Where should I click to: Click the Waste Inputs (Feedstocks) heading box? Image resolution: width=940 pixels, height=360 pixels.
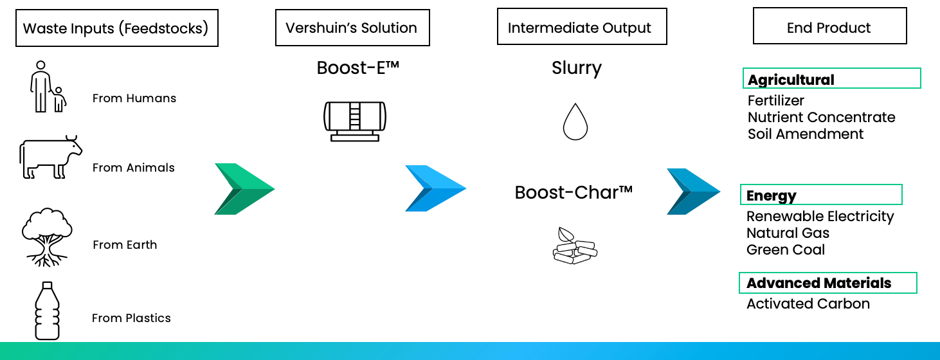pos(116,29)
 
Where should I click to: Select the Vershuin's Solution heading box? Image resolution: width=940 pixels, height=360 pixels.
pos(352,28)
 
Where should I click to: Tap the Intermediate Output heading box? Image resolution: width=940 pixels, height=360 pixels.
pos(581,28)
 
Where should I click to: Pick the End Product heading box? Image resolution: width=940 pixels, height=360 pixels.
pos(829,28)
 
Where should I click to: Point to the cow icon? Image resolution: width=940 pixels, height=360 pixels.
pos(50,157)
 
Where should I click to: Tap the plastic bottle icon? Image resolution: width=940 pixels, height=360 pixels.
pos(47,310)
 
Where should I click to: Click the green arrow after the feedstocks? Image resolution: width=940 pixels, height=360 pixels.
pos(244,189)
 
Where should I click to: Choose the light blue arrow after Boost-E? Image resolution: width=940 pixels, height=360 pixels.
pos(435,188)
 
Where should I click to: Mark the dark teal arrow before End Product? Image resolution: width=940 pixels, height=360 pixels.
pos(693,192)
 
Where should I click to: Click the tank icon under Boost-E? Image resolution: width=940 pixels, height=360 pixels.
pos(354,120)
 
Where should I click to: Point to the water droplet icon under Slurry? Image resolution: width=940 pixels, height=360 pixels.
pos(575,122)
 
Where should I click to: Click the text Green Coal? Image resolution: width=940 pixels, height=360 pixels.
pos(786,250)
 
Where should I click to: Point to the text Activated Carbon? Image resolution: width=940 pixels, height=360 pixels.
pos(808,304)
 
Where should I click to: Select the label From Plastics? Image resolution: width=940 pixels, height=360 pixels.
pos(131,318)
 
